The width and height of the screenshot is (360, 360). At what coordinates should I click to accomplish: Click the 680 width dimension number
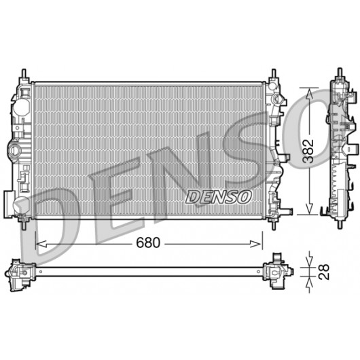click(148, 242)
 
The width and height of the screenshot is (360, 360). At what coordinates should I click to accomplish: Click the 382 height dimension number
click(308, 151)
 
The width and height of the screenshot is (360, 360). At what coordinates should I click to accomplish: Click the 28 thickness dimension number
click(324, 272)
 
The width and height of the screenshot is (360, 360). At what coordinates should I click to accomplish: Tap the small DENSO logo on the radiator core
click(218, 197)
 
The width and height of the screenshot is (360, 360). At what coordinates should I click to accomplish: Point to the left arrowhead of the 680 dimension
click(41, 244)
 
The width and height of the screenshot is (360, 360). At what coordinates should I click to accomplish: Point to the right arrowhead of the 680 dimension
click(256, 244)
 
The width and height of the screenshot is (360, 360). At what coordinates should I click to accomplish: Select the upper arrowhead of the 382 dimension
click(310, 94)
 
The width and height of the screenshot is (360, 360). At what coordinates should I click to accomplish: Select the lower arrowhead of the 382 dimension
click(310, 209)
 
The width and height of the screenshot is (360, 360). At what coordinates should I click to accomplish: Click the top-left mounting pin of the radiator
click(24, 74)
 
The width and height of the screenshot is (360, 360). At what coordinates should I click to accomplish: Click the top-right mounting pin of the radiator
click(274, 74)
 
